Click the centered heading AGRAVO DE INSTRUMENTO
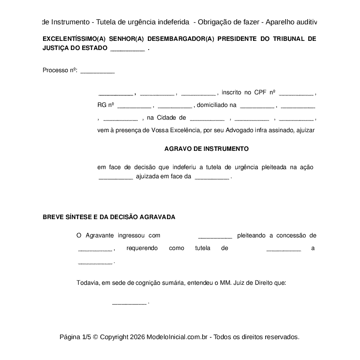pyautogui.click(x=206, y=149)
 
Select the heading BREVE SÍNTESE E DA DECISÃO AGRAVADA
pyautogui.click(x=109, y=217)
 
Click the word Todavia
pyautogui.click(x=88, y=283)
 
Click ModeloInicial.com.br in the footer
pyautogui.click(x=177, y=337)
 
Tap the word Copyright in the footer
pyautogui.click(x=114, y=337)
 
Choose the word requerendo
pyautogui.click(x=142, y=248)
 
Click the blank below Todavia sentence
pyautogui.click(x=129, y=303)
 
